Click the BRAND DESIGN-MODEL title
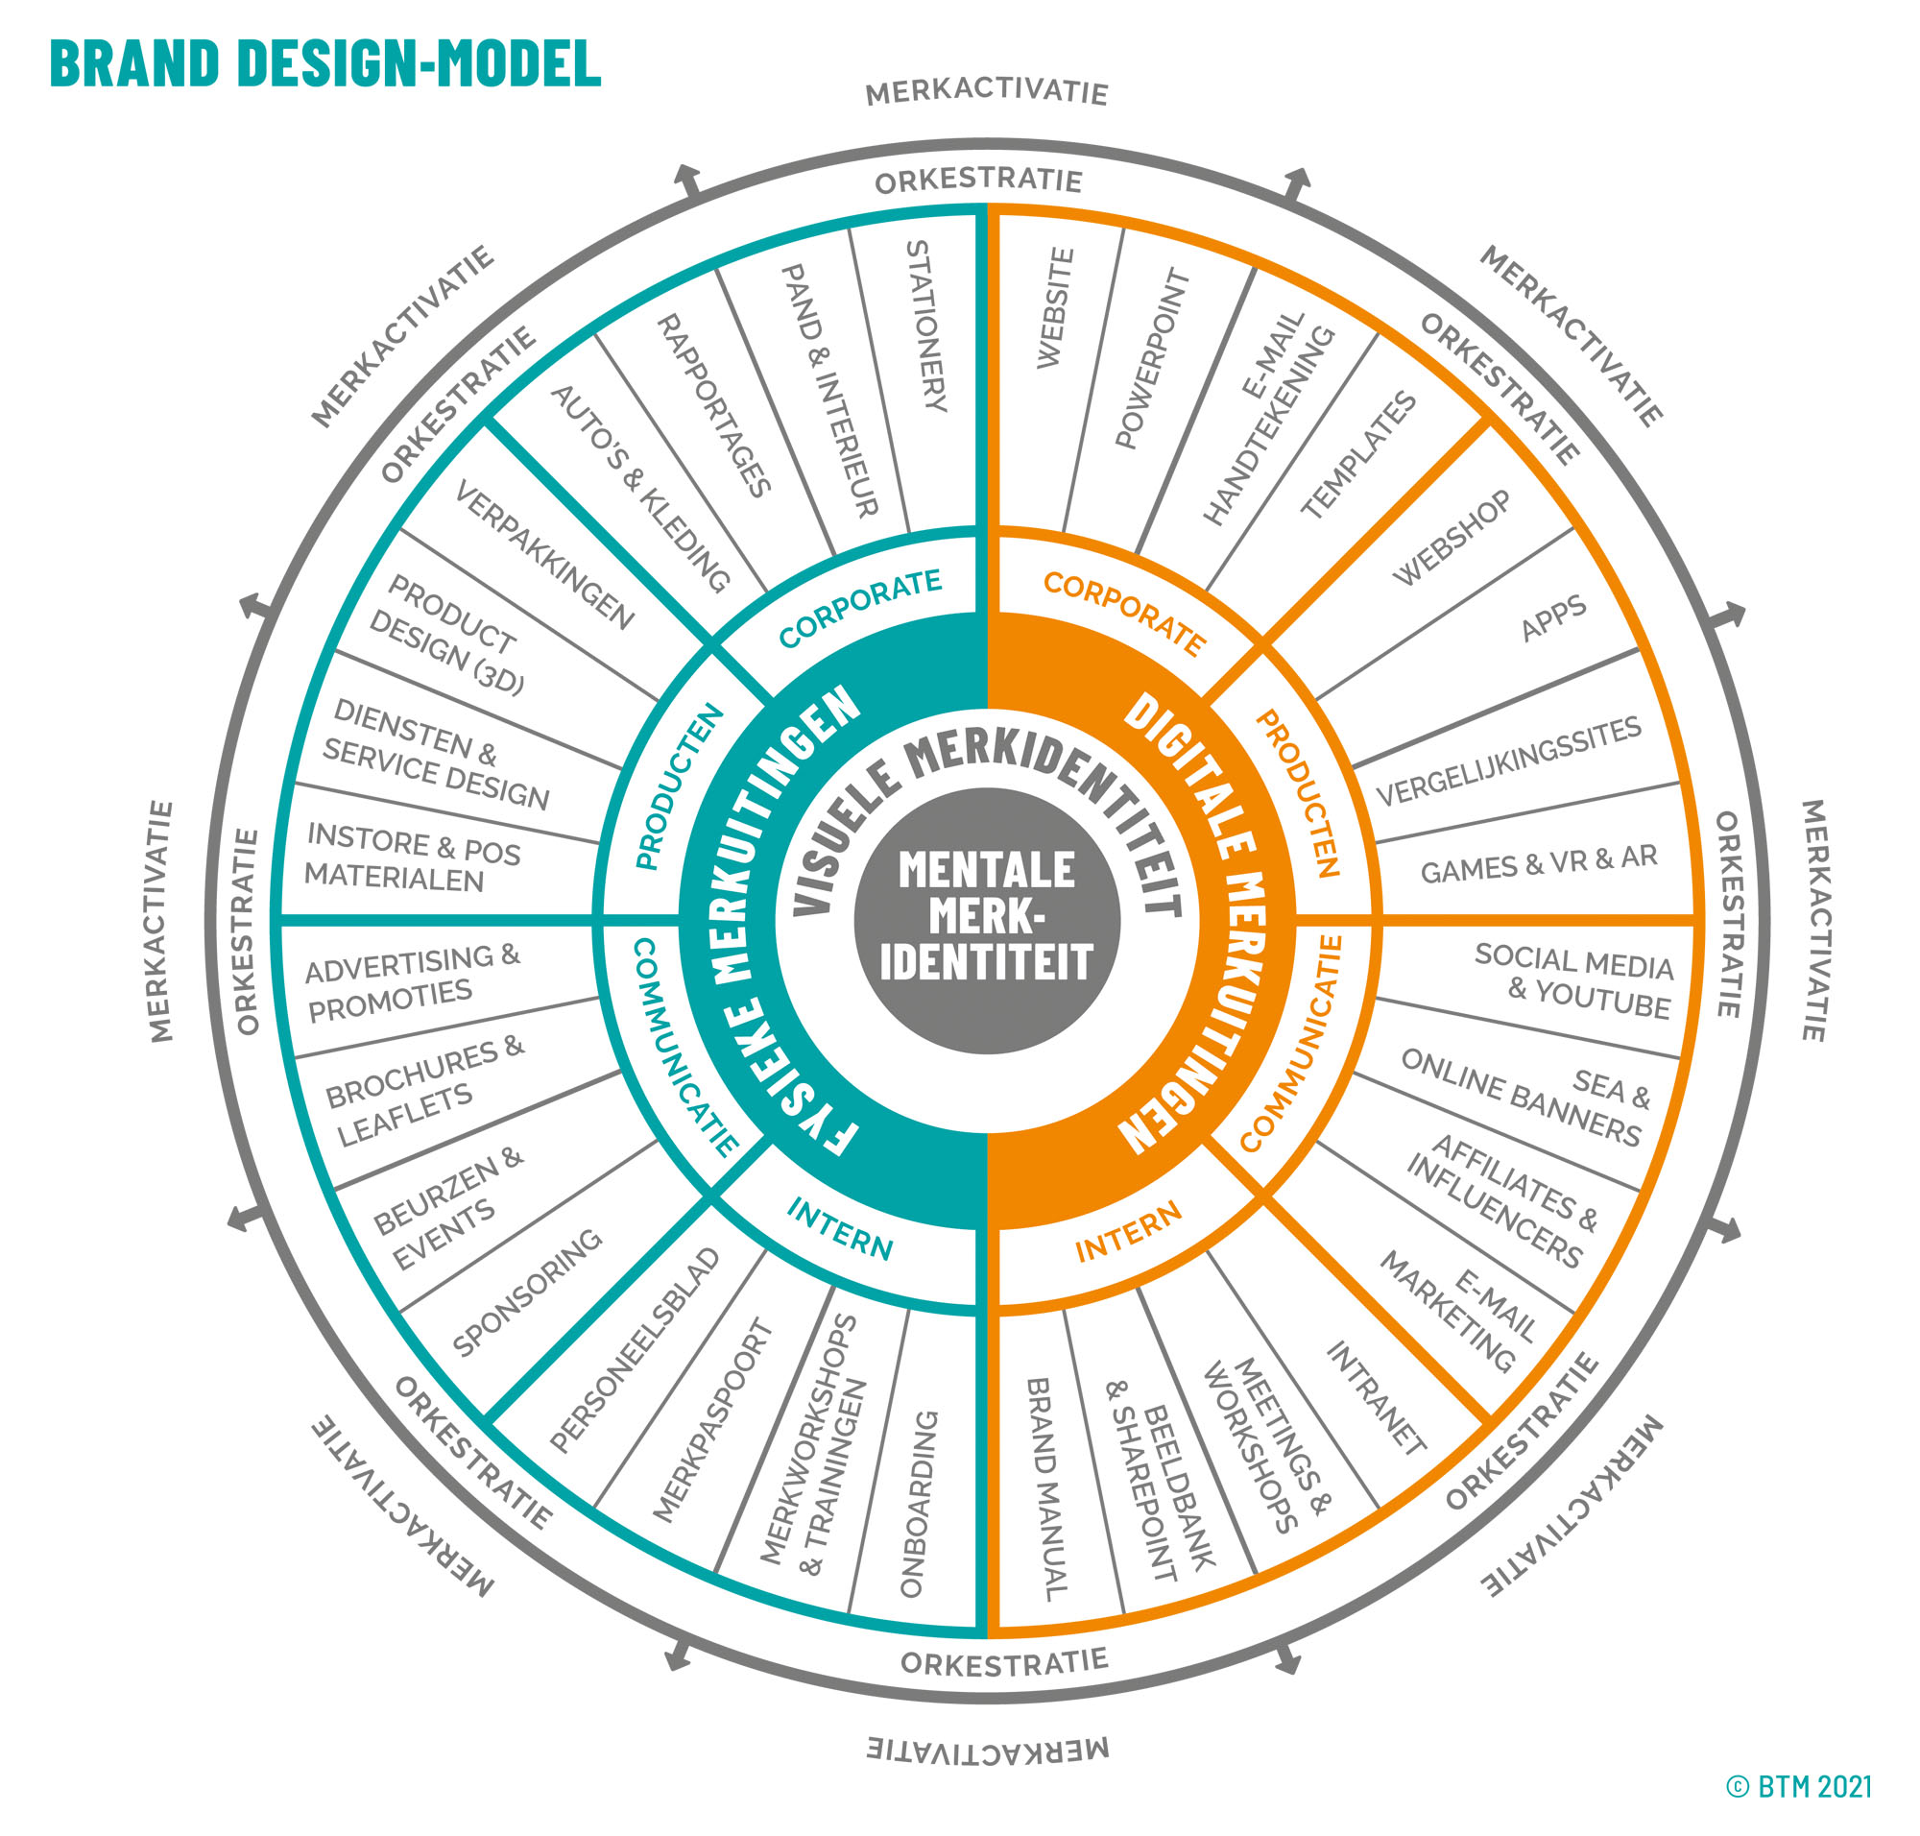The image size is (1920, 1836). tap(324, 63)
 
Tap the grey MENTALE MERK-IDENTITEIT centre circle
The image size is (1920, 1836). tap(986, 921)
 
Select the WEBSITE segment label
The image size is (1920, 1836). tap(1055, 308)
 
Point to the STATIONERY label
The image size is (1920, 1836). tap(925, 326)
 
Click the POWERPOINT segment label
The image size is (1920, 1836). tap(1152, 358)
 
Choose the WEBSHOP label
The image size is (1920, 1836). tap(1452, 539)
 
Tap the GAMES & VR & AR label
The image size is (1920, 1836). tap(1538, 864)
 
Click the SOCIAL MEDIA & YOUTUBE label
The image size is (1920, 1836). tap(1573, 979)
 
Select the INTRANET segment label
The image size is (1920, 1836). tap(1376, 1397)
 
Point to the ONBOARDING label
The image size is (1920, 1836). tap(919, 1503)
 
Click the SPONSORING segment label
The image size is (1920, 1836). tap(526, 1292)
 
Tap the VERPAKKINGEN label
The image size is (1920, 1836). tap(544, 554)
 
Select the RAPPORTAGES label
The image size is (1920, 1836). tap(713, 406)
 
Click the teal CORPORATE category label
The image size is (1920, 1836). tap(859, 607)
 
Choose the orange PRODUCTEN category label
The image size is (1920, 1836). tap(1298, 794)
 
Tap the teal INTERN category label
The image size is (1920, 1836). tap(840, 1229)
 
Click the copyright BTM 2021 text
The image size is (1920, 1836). tap(1799, 1787)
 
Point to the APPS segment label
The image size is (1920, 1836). tap(1553, 618)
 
